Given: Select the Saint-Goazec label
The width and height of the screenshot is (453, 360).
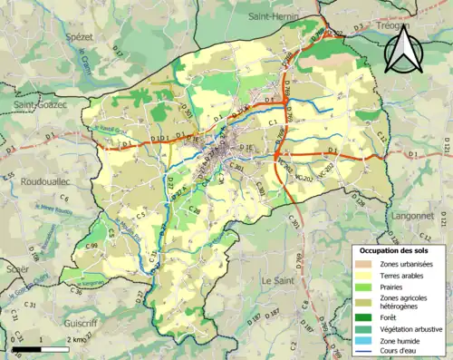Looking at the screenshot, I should point(42,106).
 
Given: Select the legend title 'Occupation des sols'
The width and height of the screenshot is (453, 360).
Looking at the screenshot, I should point(397,250).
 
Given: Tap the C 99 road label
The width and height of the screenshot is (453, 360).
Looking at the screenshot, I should point(91,247).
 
